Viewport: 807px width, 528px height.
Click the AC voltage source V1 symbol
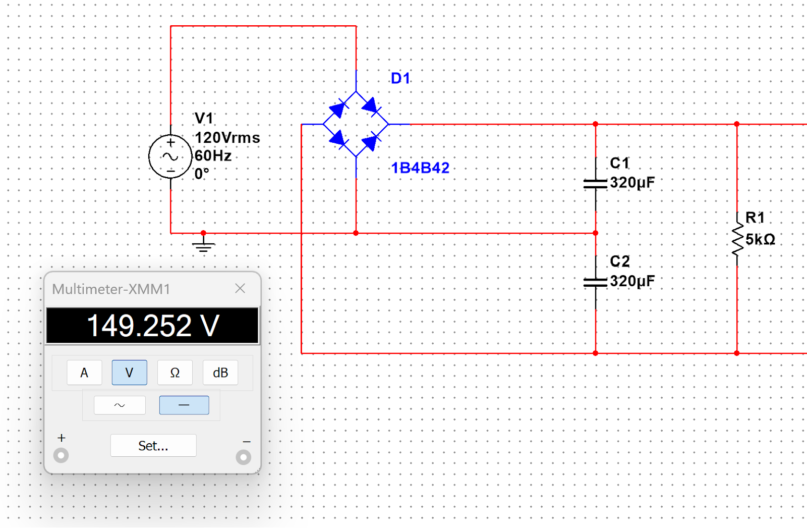point(170,156)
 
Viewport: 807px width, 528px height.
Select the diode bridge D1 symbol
point(356,124)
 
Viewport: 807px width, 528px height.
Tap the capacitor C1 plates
point(596,184)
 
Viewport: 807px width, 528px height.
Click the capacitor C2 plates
point(596,282)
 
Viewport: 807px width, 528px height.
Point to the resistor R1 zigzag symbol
point(737,239)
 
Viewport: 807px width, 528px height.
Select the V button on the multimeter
point(129,372)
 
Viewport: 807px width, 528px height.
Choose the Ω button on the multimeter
point(175,372)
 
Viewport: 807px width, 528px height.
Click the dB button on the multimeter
point(220,372)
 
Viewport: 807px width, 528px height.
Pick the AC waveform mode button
point(120,405)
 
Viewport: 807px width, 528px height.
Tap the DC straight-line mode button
point(184,405)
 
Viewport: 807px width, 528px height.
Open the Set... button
point(153,446)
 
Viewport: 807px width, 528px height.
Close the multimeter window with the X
point(240,289)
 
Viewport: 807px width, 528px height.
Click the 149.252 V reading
point(153,326)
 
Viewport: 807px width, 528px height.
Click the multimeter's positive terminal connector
point(61,455)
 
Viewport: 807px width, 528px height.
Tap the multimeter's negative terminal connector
point(244,457)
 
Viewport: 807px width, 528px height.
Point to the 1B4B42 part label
point(421,168)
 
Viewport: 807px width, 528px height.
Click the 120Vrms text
point(227,138)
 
